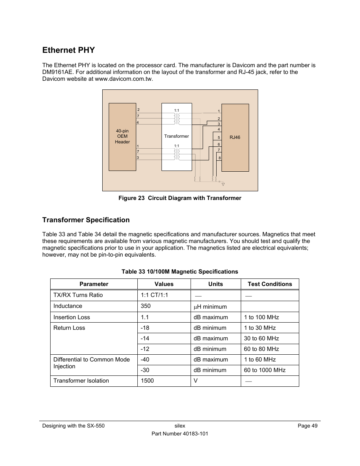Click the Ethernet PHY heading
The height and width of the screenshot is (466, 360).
pyautogui.click(x=68, y=50)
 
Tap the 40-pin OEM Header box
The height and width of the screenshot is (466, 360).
pyautogui.click(x=122, y=137)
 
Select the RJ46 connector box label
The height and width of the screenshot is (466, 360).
pyautogui.click(x=235, y=137)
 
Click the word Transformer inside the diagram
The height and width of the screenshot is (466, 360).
pyautogui.click(x=176, y=136)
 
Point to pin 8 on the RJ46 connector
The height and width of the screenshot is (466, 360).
pyautogui.click(x=219, y=158)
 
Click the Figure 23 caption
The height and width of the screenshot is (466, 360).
pyautogui.click(x=180, y=198)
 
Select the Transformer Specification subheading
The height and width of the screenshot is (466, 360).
pyautogui.click(x=86, y=220)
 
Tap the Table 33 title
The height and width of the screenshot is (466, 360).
pyautogui.click(x=180, y=272)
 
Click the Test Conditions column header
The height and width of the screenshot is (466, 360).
pyautogui.click(x=269, y=284)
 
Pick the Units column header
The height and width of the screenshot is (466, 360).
pyautogui.click(x=215, y=284)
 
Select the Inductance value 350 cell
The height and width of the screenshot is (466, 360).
pyautogui.click(x=146, y=306)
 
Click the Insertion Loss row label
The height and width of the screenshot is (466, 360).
pyautogui.click(x=72, y=317)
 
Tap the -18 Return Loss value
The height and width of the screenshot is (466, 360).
pyautogui.click(x=145, y=328)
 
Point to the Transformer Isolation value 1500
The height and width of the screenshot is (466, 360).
pyautogui.click(x=147, y=381)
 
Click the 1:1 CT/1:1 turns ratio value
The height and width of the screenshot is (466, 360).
pyautogui.click(x=154, y=295)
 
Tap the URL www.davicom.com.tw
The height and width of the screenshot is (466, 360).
pyautogui.click(x=123, y=79)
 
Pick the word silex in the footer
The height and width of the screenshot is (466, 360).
pyautogui.click(x=180, y=426)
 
